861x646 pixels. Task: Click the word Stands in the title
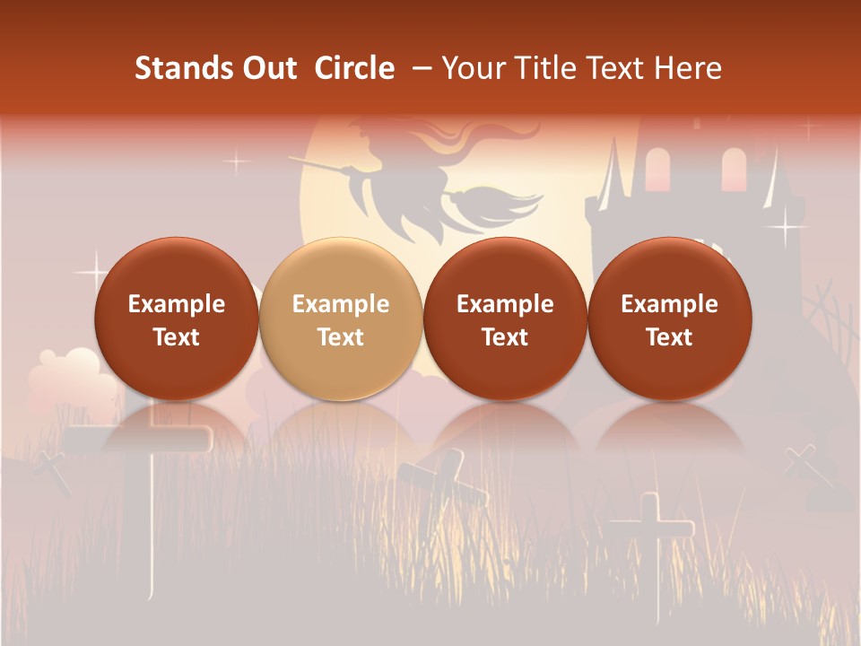click(170, 68)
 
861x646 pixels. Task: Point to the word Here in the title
click(687, 68)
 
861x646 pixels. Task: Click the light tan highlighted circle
click(341, 319)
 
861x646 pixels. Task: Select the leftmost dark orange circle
click(177, 319)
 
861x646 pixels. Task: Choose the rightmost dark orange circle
click(669, 319)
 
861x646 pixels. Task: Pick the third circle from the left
click(505, 319)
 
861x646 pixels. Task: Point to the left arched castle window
click(657, 169)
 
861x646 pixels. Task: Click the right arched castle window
click(734, 169)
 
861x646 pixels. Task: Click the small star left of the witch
click(236, 162)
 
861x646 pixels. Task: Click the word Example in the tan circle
click(341, 304)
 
